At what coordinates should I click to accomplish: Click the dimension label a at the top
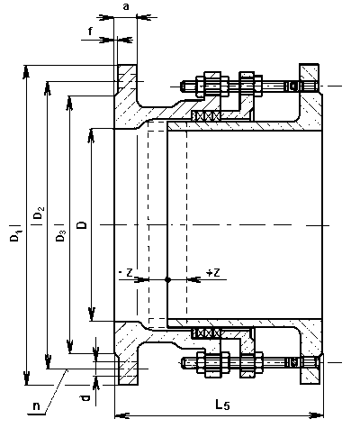pos(126,6)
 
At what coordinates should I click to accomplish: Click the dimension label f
pos(90,31)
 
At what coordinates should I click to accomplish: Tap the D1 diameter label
pos(15,235)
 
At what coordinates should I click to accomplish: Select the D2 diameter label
pos(39,213)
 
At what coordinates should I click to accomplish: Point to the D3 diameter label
pos(60,236)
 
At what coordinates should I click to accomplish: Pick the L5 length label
pos(222,405)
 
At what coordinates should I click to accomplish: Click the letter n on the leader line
pos(36,406)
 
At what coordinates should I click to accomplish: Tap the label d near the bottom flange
pos(85,398)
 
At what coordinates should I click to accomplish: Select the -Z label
pos(126,272)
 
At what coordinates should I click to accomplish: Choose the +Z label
pos(213,272)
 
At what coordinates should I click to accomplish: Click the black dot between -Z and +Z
pos(167,279)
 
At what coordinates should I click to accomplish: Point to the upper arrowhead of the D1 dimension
pos(26,71)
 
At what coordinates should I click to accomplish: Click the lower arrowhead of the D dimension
pos(92,314)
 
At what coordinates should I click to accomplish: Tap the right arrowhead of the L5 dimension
pos(317,415)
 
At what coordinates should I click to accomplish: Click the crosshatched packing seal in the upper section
pos(206,115)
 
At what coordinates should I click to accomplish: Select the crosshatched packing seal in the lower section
pos(206,332)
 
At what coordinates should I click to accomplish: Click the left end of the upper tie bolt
pos(181,87)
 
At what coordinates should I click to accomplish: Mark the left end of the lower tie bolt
pos(181,363)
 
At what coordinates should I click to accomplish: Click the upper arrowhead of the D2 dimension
pos(48,87)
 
